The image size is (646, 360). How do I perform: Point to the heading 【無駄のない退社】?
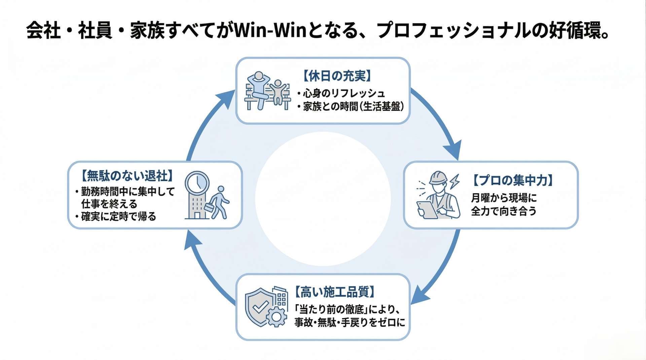[128, 176]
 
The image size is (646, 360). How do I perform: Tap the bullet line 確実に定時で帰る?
[118, 216]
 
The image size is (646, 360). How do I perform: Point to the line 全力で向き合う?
[504, 211]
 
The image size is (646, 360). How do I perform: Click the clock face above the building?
[197, 182]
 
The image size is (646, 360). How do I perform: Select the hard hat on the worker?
[439, 178]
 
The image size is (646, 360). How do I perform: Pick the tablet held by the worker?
[426, 209]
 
